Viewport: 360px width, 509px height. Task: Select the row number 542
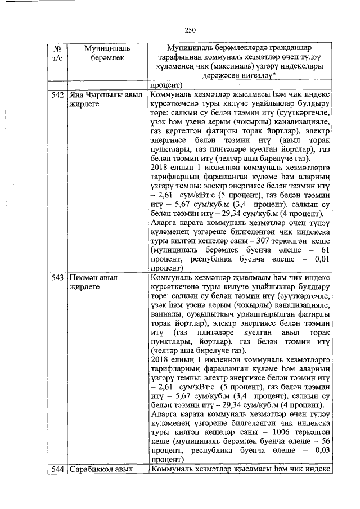click(x=57, y=94)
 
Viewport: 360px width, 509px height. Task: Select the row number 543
click(x=57, y=278)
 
